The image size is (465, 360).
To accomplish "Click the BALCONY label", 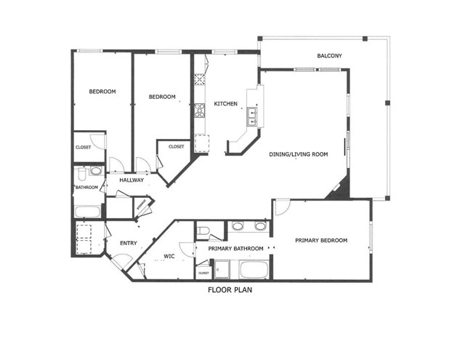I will pos(329,56).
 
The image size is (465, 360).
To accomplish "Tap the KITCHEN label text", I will pos(225,104).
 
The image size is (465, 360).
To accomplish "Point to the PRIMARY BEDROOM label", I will pos(321,240).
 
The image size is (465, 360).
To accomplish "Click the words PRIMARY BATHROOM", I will pos(236,249).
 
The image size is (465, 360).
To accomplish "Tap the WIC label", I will pos(170,255).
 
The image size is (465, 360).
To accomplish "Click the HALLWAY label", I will pos(131,180).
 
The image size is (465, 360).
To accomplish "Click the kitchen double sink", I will pos(253,113).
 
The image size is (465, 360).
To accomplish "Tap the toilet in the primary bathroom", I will pos(205,232).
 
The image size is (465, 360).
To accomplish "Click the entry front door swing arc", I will pos(114,260).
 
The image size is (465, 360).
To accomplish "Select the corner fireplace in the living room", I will pos(339,191).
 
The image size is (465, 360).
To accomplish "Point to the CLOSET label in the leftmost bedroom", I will pos(83,147).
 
